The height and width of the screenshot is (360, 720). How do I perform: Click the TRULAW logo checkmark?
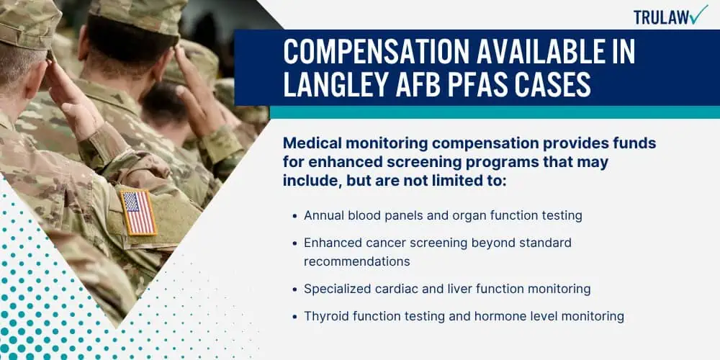coord(699,14)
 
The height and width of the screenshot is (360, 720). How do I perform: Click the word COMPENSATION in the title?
coord(377,51)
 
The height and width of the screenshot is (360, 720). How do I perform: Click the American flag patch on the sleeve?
coord(138,212)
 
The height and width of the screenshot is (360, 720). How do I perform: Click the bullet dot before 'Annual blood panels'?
coord(294,215)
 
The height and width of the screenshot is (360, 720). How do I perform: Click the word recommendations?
coord(357,261)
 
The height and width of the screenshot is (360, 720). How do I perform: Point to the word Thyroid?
coord(323,316)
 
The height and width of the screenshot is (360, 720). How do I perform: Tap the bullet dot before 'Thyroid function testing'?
coord(294,316)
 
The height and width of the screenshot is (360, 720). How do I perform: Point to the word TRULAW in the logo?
coord(661,17)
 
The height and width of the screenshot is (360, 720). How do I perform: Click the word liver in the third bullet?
coord(462,289)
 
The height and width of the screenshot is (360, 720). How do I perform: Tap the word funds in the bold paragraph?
coord(637,143)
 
